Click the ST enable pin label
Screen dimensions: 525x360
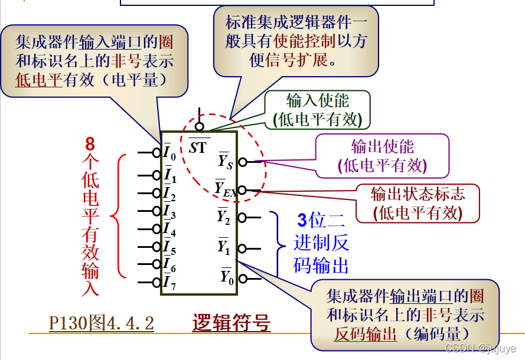coord(198,147)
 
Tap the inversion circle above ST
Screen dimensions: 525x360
coord(200,127)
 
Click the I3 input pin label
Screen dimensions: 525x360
coord(169,211)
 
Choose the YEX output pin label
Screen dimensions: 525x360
coord(226,188)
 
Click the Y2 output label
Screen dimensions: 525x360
coord(224,217)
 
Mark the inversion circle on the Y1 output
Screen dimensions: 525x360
coord(242,248)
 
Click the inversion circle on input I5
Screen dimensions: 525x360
coord(156,247)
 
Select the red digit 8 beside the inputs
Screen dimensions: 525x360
coord(90,144)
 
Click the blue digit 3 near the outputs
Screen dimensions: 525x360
coord(302,221)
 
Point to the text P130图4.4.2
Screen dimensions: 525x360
coord(102,323)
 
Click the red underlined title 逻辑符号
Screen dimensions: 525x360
coord(231,323)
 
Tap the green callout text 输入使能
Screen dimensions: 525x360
coord(318,101)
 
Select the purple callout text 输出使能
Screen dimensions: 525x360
coord(383,146)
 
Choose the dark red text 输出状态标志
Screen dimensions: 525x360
coord(418,194)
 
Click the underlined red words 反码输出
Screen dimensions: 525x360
coord(366,334)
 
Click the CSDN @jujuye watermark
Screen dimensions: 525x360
coord(481,348)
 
